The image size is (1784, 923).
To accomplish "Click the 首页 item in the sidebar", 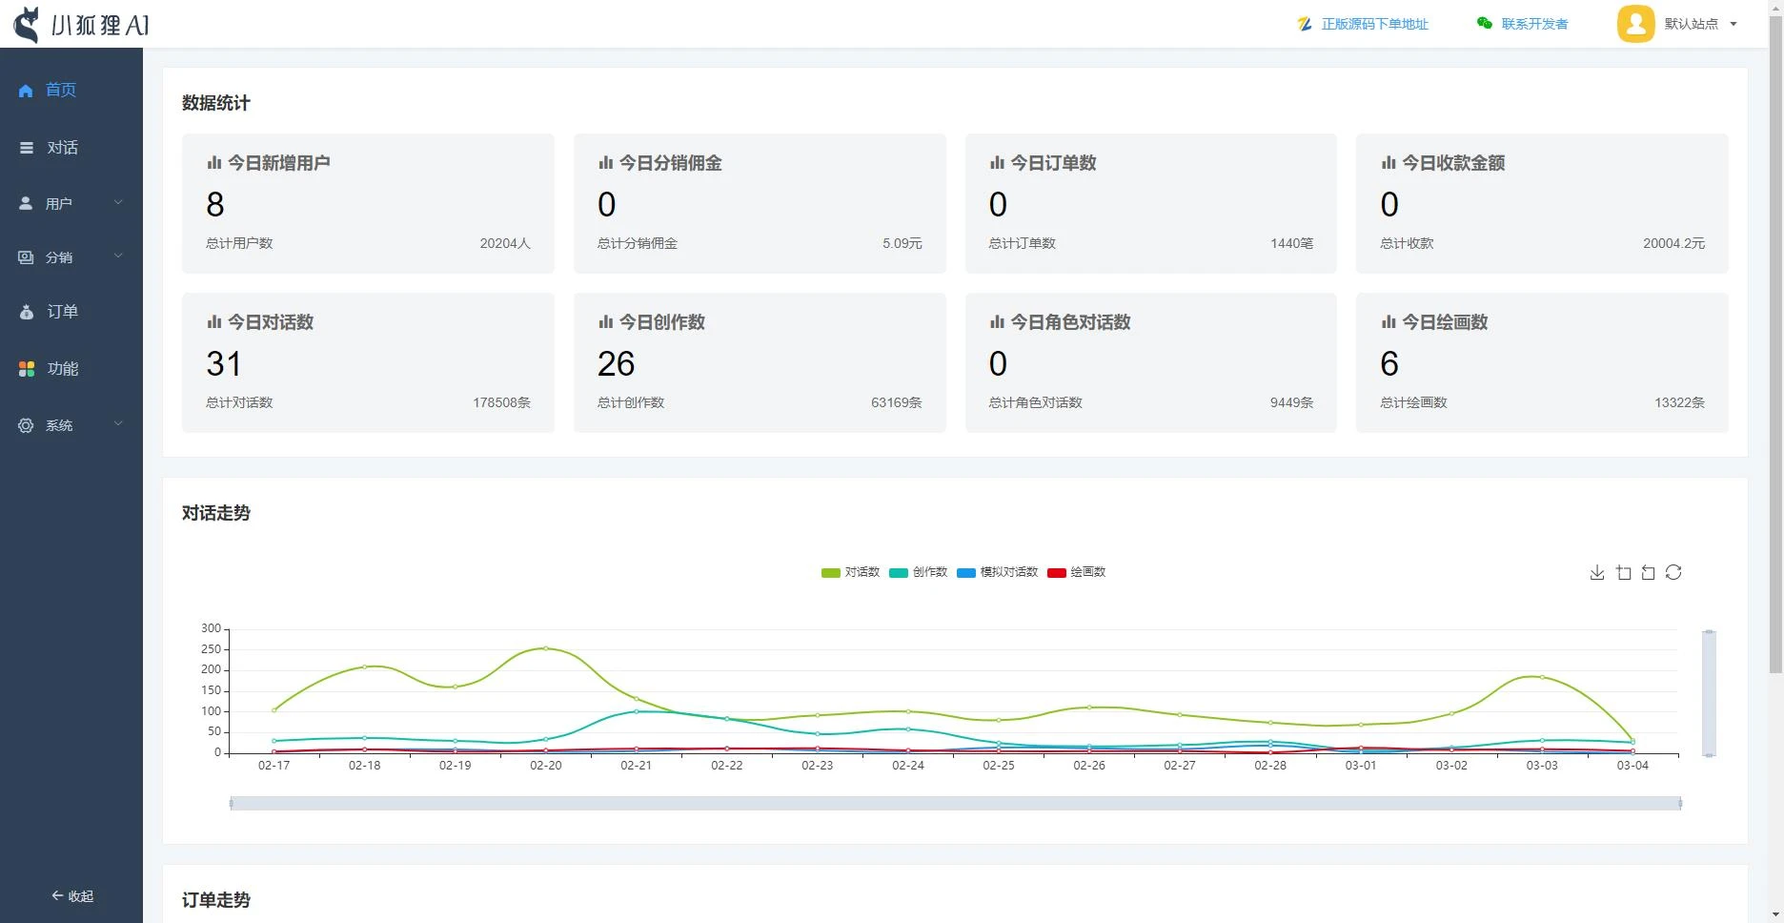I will coord(59,90).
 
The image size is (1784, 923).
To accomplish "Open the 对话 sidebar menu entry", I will coord(61,148).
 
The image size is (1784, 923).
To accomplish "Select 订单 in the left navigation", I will coord(61,312).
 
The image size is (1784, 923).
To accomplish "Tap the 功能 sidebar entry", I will coord(61,369).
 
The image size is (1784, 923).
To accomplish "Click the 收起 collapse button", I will coord(72,896).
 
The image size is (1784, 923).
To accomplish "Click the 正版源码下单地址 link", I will coord(1373,24).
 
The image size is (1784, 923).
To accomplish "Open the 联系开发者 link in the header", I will coord(1533,24).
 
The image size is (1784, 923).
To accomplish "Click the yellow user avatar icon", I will coord(1635,24).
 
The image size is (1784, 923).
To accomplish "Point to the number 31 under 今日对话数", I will coord(224,363).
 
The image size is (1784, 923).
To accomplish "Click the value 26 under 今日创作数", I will coord(616,363).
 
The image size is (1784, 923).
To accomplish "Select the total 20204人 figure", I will coord(504,243).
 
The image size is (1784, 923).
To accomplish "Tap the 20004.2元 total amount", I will coord(1673,243).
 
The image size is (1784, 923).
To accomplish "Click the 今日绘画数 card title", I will coord(1444,322).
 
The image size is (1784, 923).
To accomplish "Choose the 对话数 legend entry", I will coord(851,572).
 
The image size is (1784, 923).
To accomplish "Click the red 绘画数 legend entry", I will coord(1077,572).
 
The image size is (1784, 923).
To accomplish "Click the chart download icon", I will coord(1597,572).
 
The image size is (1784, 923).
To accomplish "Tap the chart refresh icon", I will coord(1673,572).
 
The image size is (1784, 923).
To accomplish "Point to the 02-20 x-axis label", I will coord(545,766).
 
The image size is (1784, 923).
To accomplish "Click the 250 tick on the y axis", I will coord(211,649).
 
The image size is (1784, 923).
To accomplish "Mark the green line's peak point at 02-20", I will coord(545,648).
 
